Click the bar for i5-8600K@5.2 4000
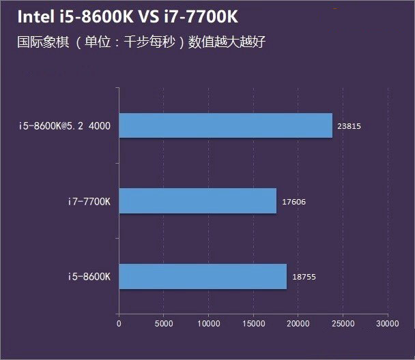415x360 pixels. point(225,125)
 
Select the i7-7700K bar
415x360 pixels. point(197,201)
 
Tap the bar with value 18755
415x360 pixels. point(203,276)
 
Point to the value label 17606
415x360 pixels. point(294,201)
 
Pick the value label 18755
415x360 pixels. point(304,277)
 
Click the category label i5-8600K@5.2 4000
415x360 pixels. point(66,126)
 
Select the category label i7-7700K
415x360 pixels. point(89,201)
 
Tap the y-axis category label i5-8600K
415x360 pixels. point(89,277)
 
